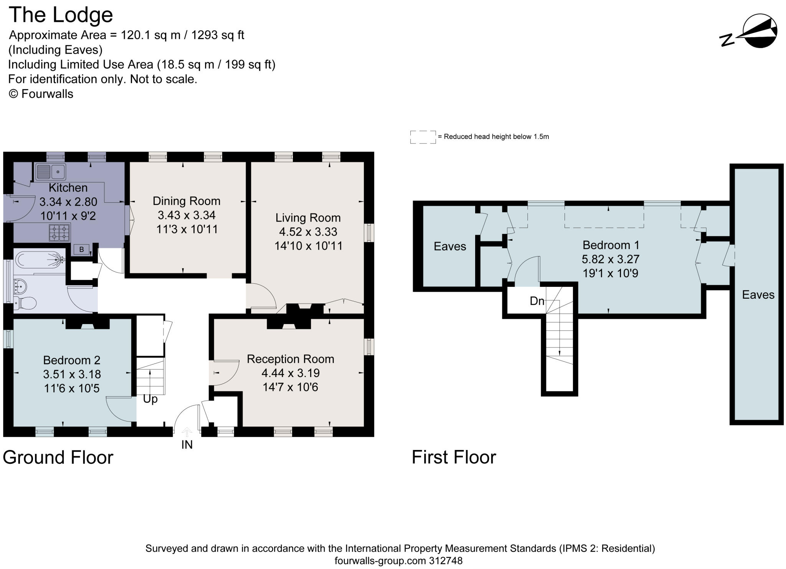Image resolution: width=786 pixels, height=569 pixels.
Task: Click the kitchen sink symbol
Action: point(50,172)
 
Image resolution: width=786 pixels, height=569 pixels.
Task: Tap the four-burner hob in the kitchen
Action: point(59,232)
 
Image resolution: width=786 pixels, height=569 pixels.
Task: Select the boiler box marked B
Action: point(81,250)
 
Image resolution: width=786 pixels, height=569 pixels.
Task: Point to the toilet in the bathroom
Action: point(25,303)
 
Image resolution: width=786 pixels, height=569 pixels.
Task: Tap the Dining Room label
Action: point(187,201)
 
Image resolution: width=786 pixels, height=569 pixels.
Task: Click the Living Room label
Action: point(308,218)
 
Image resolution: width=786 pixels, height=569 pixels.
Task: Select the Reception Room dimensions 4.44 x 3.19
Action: point(291,373)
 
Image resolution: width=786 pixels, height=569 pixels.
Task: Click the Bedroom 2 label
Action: point(72,360)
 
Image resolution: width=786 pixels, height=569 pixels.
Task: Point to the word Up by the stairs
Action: point(150,399)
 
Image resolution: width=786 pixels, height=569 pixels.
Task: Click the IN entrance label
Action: point(187,445)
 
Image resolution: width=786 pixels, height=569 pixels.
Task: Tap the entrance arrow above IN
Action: point(187,432)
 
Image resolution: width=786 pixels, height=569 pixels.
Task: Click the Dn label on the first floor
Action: point(537,301)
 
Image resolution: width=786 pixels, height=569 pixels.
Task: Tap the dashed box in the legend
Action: point(423,137)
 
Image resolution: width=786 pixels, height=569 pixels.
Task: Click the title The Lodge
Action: point(61,15)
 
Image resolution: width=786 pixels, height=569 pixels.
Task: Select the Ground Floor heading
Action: point(58,457)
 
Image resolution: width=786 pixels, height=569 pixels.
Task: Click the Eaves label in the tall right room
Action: point(758,295)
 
